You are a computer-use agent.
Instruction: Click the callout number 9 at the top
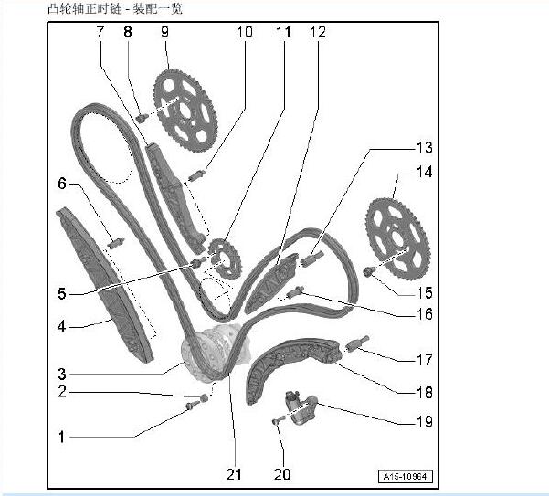(164, 31)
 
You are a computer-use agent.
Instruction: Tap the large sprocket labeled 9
(185, 111)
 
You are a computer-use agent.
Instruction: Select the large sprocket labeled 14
(397, 238)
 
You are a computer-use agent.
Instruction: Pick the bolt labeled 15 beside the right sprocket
(370, 271)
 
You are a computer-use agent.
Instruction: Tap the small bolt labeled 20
(277, 421)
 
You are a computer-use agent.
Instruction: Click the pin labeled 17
(357, 343)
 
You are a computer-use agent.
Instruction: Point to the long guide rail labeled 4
(105, 284)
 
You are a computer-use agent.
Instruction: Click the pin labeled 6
(115, 243)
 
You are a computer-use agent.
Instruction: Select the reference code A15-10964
(406, 477)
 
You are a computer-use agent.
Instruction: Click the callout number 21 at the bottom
(234, 474)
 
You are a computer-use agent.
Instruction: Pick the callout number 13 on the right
(425, 148)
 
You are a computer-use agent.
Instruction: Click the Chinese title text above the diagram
(115, 8)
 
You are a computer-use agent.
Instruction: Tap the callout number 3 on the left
(62, 374)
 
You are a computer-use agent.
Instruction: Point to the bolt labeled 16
(296, 291)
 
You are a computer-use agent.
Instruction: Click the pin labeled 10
(196, 175)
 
